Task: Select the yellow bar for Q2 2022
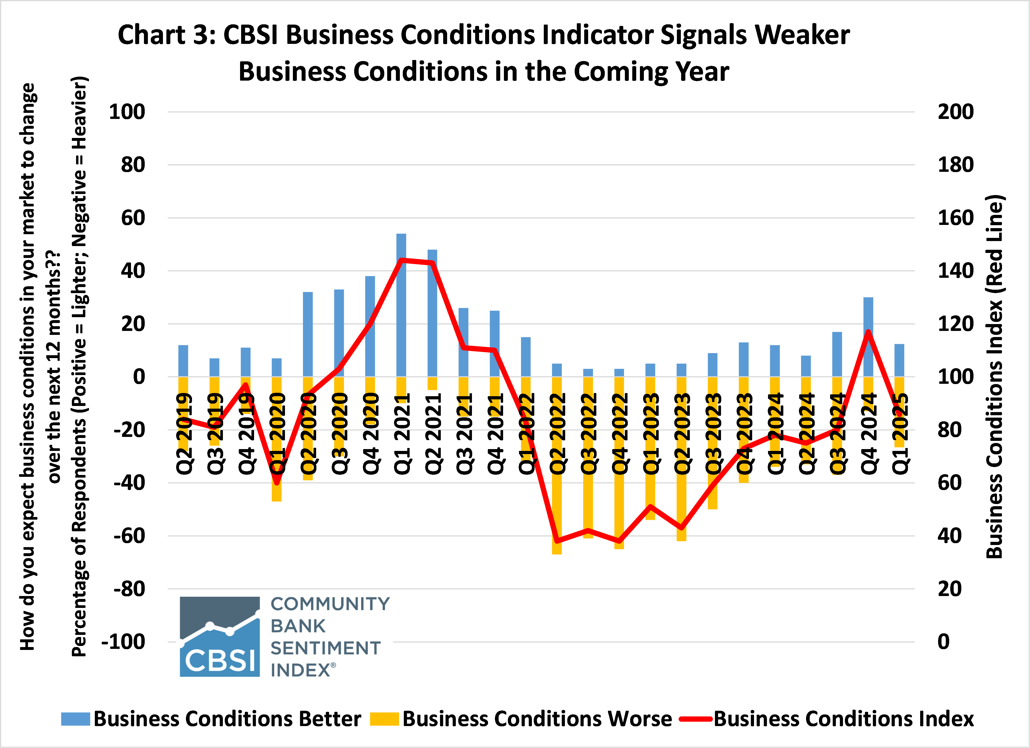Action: tap(557, 500)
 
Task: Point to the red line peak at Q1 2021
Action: tap(401, 260)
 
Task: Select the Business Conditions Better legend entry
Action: tap(212, 719)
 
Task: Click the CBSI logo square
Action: tap(220, 636)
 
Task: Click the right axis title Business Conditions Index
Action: tap(995, 377)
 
